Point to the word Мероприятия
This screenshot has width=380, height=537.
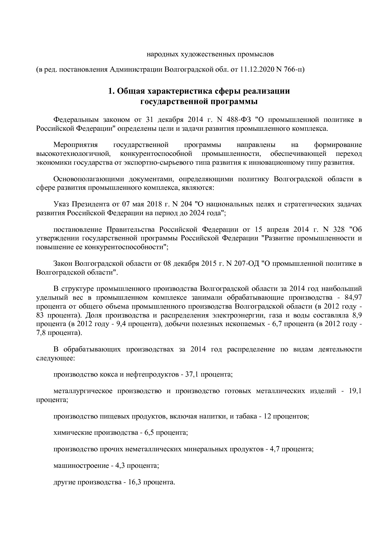pyautogui.click(x=75, y=145)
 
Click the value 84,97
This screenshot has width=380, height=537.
pyautogui.click(x=353, y=298)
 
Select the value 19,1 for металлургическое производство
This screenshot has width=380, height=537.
pyautogui.click(x=355, y=391)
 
